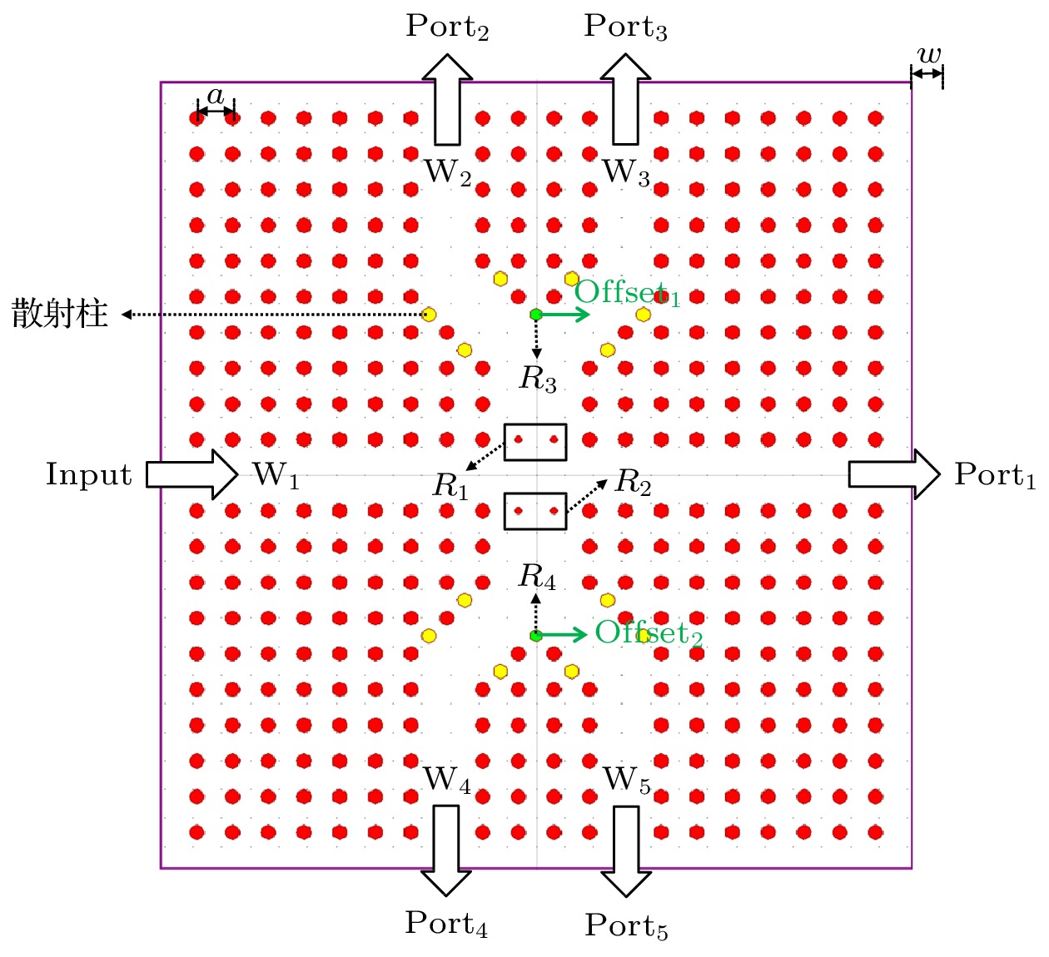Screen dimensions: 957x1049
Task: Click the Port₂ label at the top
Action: coord(446,27)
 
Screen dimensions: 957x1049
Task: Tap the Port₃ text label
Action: coord(625,27)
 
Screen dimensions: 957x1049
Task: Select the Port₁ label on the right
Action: coord(995,474)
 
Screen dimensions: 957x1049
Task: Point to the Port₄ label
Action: coord(446,924)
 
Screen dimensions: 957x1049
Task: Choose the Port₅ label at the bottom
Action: coord(626,925)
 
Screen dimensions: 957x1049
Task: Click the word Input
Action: coord(88,474)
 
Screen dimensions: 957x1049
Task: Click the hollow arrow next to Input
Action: coord(192,474)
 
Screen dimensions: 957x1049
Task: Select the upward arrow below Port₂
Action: coord(447,100)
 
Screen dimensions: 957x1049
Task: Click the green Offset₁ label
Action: coord(627,293)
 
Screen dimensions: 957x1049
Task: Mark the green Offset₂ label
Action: coord(649,633)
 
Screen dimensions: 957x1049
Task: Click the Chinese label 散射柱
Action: coord(60,315)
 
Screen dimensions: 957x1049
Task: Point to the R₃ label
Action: coord(538,379)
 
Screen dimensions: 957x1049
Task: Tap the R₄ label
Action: coord(537,576)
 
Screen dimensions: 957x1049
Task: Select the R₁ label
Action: coord(450,486)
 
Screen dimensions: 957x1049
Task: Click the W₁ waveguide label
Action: coord(276,475)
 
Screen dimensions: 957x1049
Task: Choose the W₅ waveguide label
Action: coord(627,780)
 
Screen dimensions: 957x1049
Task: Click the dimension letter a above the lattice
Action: coord(216,96)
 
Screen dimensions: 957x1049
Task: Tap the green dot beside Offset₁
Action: coord(536,315)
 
